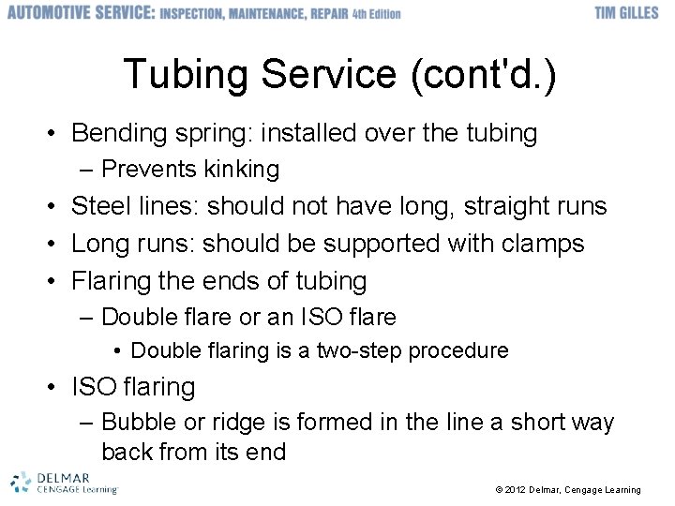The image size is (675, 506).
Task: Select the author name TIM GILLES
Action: tap(626, 14)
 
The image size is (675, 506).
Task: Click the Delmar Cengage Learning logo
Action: tap(64, 483)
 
